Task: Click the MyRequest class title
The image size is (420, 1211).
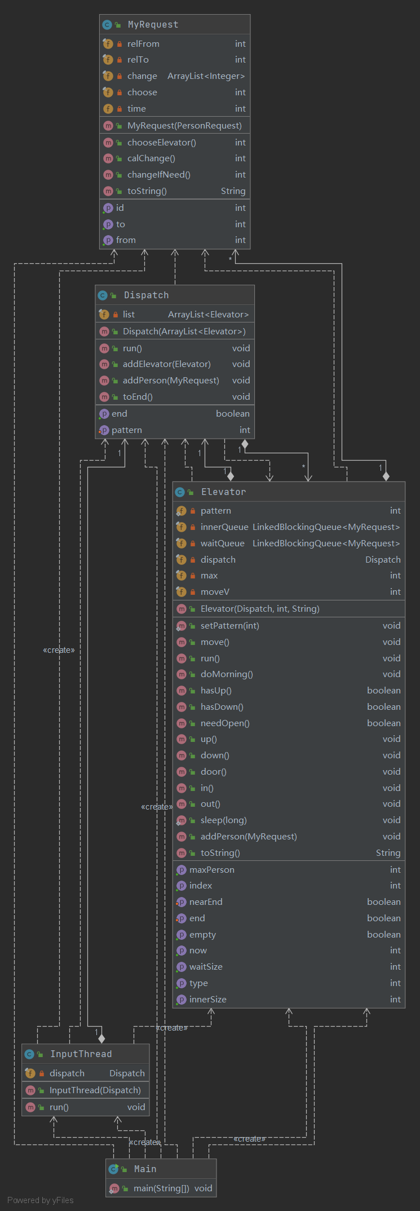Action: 153,25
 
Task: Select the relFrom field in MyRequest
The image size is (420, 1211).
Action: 143,44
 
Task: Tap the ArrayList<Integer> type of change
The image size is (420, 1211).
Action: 206,76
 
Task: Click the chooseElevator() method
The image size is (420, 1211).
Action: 162,143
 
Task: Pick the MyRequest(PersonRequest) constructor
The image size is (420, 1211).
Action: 184,126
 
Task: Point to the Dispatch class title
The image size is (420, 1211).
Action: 146,295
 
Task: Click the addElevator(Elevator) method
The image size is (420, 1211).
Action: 167,364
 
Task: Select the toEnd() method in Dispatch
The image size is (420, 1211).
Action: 138,397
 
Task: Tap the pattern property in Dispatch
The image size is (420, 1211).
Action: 127,430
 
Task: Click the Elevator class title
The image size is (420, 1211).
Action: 223,492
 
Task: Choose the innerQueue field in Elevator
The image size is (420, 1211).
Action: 224,527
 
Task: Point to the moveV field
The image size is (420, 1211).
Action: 215,592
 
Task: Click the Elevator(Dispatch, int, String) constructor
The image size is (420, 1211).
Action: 260,609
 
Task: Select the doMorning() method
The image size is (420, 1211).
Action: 227,674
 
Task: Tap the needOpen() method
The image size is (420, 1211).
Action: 225,723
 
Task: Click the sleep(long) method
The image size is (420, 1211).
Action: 224,820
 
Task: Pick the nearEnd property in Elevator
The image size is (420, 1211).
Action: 206,902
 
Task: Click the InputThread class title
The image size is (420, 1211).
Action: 81,1054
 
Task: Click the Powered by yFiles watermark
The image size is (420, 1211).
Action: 41,1200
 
